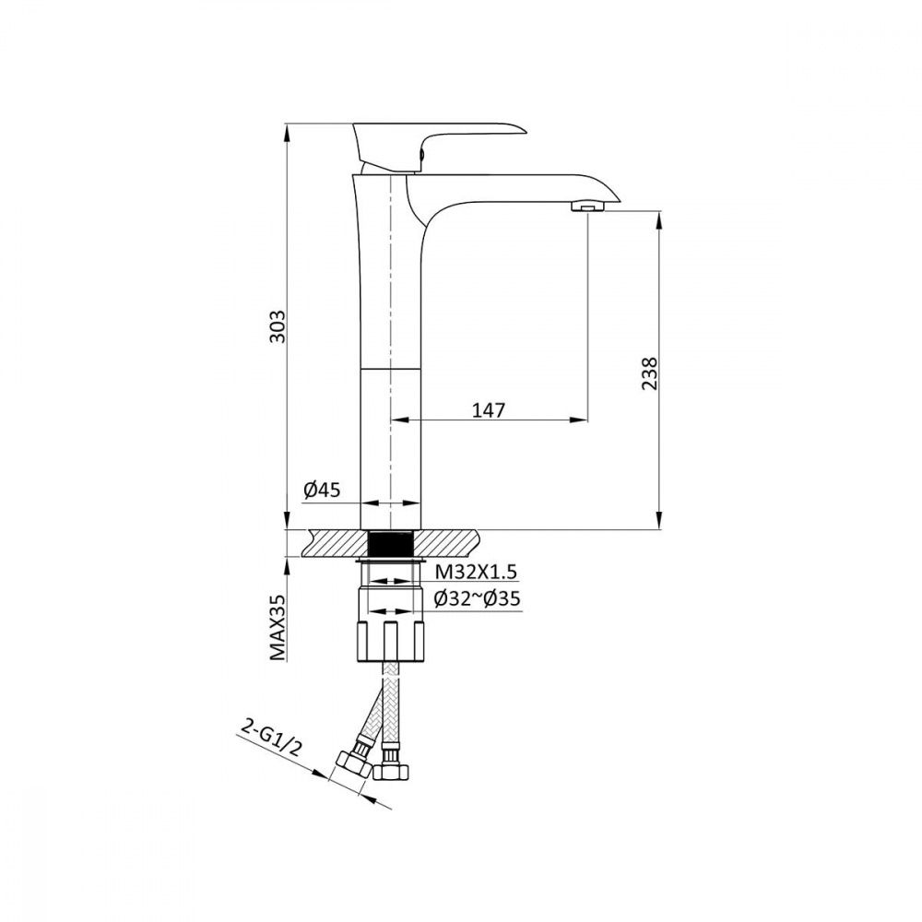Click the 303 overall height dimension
point(277,327)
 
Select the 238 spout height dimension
point(649,372)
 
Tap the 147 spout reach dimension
point(489,409)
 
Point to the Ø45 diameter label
point(322,490)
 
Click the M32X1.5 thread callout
point(477,571)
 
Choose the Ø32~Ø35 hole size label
point(477,598)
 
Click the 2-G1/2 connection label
point(271,738)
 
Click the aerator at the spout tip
point(587,207)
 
